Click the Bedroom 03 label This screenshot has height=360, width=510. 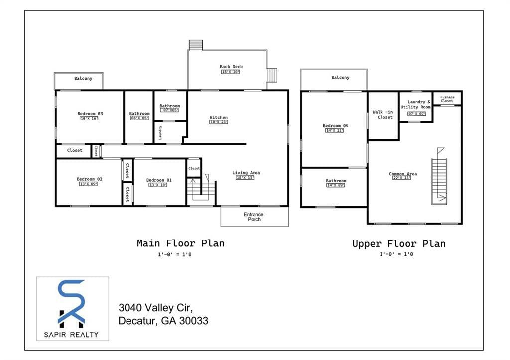[90, 113]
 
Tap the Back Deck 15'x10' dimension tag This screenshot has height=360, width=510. [231, 72]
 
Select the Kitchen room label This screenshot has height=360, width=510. [218, 118]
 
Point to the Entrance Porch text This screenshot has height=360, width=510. [254, 217]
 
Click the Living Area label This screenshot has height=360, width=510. [246, 173]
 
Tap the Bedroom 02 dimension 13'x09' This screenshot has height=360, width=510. [89, 184]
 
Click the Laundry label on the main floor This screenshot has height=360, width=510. [160, 133]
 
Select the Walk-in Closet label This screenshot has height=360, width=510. [382, 115]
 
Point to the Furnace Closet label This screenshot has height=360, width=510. [447, 99]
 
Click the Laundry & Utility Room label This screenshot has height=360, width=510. [415, 105]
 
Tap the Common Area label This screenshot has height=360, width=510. [403, 174]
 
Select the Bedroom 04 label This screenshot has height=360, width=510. [335, 126]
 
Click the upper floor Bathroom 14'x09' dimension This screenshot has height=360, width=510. [335, 185]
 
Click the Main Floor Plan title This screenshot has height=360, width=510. [180, 243]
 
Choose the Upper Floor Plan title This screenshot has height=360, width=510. [398, 243]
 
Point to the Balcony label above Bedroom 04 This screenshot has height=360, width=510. [340, 78]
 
